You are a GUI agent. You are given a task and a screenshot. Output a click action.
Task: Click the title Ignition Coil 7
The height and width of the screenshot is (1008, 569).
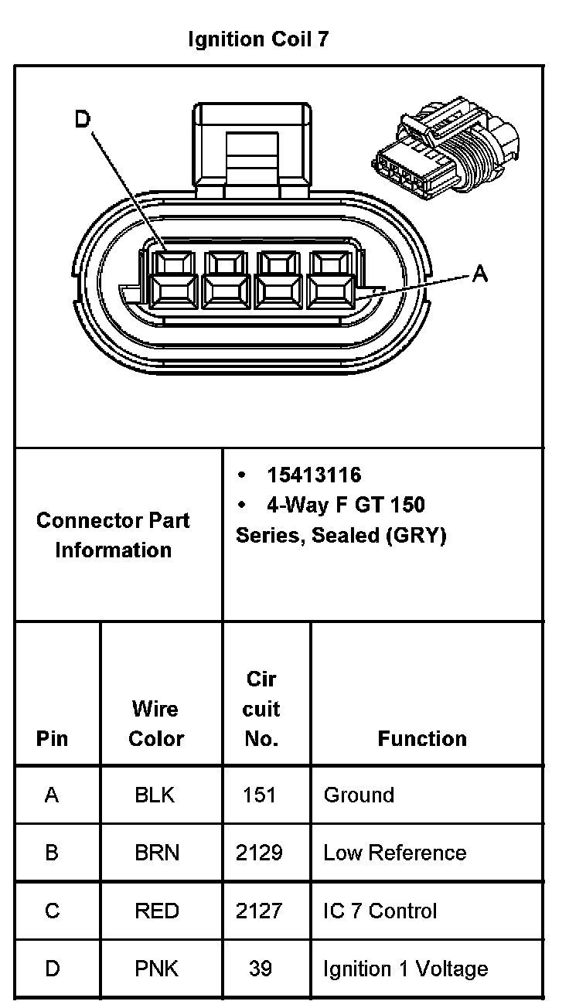tap(258, 39)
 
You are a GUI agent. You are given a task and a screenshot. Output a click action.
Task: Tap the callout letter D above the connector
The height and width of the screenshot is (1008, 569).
tap(82, 120)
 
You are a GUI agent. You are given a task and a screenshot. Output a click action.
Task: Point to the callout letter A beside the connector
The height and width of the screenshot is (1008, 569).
tap(480, 273)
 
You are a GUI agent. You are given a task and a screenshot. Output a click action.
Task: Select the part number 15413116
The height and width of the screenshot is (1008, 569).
tap(314, 475)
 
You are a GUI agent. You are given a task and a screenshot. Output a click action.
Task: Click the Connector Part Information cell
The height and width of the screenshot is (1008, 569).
tap(113, 535)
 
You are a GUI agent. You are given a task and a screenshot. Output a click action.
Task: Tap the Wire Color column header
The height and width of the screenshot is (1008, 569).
tap(156, 724)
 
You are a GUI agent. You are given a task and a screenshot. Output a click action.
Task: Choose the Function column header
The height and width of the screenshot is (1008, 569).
tap(422, 739)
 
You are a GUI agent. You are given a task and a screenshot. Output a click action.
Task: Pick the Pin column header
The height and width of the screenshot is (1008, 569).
tap(52, 739)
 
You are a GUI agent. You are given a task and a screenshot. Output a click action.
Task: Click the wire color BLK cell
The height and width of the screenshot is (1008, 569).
tap(155, 795)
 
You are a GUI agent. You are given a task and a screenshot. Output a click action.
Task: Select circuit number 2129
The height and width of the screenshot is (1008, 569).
tap(259, 853)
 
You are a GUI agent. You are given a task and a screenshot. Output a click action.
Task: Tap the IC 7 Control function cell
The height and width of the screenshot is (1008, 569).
tap(380, 911)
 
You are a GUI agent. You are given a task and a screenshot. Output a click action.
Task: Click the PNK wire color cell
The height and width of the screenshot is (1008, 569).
tap(157, 969)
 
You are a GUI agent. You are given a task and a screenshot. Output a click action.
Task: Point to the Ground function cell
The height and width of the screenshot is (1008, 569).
tap(359, 795)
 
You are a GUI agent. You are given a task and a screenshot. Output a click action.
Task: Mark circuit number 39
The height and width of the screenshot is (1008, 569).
tap(261, 969)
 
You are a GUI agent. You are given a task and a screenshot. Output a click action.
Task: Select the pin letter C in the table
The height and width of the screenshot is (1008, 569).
tap(52, 911)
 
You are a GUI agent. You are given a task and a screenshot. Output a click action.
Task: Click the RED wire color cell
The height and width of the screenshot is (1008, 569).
tap(157, 911)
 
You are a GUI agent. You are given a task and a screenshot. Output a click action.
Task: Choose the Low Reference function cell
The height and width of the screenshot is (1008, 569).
tap(395, 853)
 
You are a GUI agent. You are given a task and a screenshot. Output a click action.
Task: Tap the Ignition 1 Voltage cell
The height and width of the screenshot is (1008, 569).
tap(406, 969)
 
